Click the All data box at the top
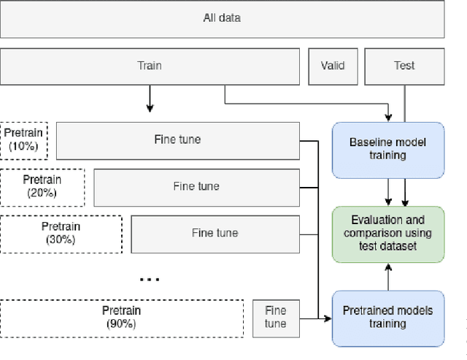click(x=222, y=18)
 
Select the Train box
click(x=150, y=66)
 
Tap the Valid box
click(x=332, y=66)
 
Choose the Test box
click(x=404, y=66)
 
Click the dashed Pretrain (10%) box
click(x=24, y=140)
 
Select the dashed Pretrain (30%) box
click(x=61, y=233)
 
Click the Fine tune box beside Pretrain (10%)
click(x=177, y=139)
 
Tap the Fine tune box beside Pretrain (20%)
click(x=196, y=186)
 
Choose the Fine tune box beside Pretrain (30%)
click(x=215, y=233)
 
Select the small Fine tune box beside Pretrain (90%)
click(x=275, y=317)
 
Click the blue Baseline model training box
click(x=387, y=149)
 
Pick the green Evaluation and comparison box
click(x=387, y=234)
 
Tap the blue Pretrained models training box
click(x=387, y=318)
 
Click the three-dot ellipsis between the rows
click(x=149, y=277)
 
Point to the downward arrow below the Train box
click(x=150, y=98)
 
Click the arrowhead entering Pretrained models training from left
click(x=328, y=318)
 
